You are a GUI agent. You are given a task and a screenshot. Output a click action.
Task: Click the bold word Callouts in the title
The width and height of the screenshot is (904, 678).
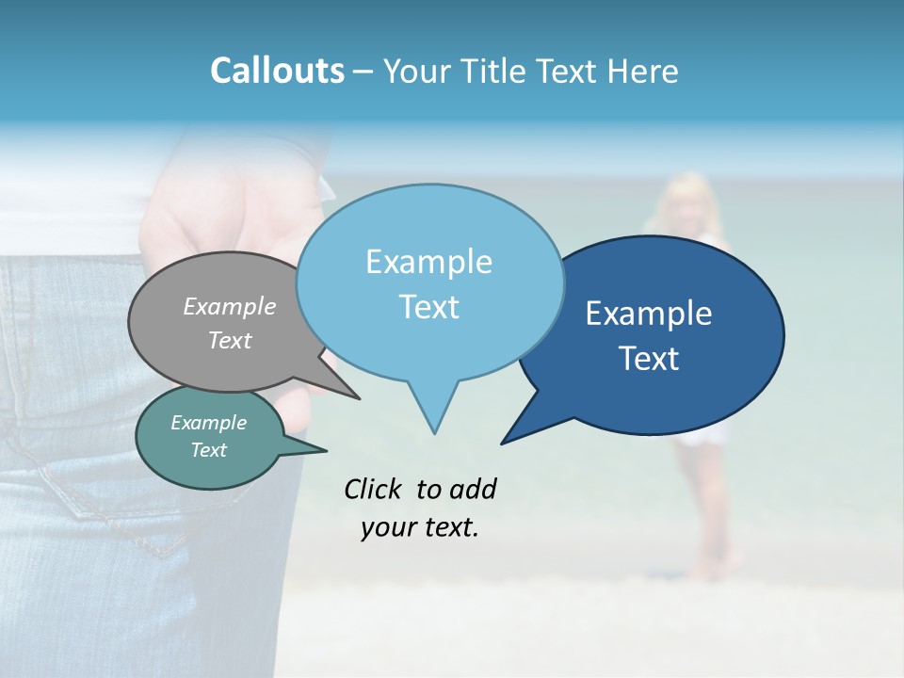click(277, 71)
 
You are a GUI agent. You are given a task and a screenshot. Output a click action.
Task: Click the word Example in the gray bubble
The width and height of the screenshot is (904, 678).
click(230, 306)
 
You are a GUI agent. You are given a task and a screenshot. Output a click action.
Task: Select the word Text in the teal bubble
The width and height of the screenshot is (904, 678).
click(208, 450)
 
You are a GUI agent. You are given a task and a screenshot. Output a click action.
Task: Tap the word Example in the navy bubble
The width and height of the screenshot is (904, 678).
click(649, 314)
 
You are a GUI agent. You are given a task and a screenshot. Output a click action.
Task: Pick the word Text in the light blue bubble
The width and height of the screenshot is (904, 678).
click(429, 307)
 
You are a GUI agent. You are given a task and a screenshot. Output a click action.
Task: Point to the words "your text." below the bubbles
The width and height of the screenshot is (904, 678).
click(420, 527)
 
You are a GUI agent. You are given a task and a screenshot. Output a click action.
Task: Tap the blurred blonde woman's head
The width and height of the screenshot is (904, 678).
click(689, 198)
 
